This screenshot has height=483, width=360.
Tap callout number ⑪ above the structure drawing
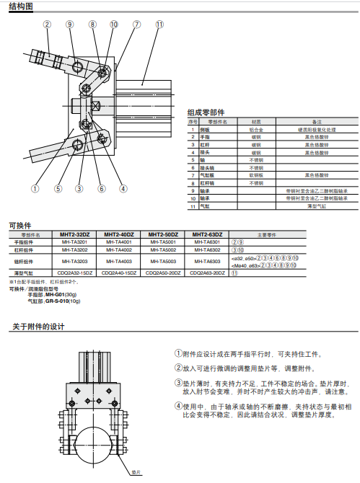(158, 24)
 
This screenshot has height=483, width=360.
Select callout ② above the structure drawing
(47, 24)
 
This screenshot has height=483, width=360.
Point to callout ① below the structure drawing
(35, 189)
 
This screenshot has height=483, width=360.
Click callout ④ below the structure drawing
(123, 189)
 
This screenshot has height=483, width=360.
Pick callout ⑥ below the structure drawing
(102, 189)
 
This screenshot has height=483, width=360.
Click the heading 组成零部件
(206, 112)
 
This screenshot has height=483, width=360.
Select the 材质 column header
(255, 122)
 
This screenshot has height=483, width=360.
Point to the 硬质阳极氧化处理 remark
(316, 128)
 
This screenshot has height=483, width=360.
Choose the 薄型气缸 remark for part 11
(316, 207)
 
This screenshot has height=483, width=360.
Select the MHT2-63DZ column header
(207, 234)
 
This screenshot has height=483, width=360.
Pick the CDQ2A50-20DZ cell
(163, 272)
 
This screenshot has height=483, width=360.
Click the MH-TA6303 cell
(207, 260)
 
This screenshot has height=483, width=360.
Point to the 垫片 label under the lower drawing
(135, 474)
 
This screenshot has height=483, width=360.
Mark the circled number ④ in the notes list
(178, 405)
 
